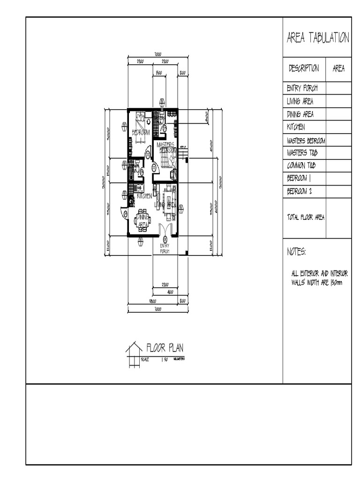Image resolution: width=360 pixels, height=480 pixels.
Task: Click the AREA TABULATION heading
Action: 317,38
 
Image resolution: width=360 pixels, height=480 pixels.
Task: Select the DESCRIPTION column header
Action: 304,68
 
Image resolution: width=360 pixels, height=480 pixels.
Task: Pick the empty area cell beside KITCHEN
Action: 338,127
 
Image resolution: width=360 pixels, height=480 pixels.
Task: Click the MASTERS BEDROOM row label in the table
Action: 306,140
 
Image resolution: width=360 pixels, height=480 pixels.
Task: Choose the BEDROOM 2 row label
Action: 300,191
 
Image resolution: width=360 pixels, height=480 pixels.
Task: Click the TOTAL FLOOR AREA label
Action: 305,217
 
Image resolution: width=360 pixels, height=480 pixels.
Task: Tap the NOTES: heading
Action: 296,252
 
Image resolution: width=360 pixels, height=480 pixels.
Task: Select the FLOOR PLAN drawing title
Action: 165,348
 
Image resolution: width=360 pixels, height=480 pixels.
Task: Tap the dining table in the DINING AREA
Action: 143,219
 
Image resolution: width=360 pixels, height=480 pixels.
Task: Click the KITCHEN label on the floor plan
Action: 145,196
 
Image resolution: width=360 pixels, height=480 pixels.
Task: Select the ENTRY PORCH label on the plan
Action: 165,248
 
